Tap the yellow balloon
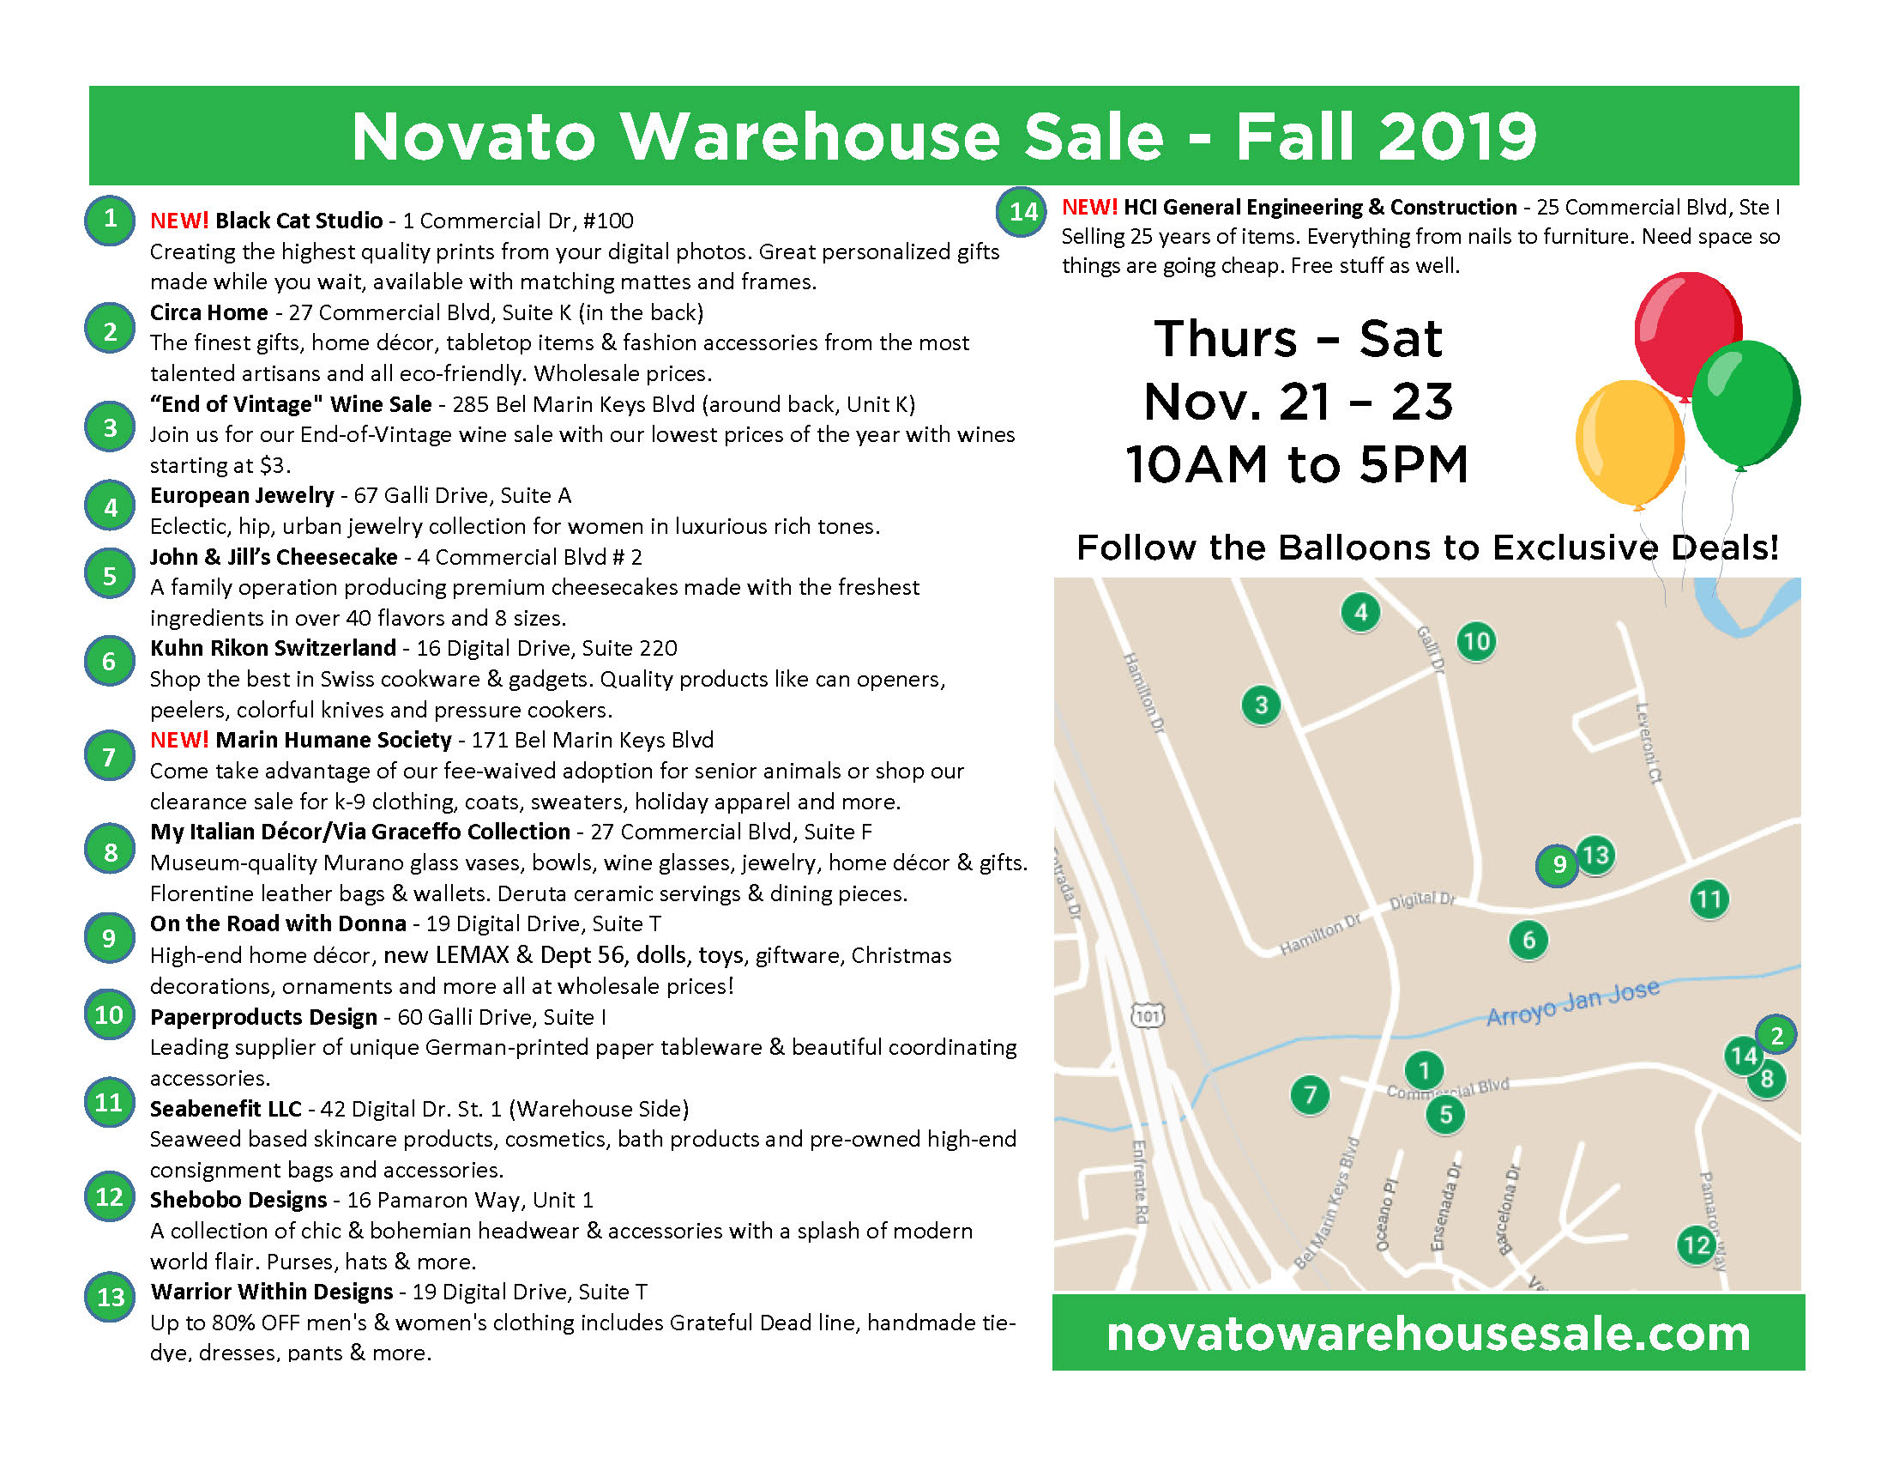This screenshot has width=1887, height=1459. pos(1630,442)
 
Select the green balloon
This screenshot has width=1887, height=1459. pos(1745,402)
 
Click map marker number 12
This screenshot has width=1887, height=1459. pos(1696,1244)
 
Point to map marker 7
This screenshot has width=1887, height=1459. pos(1310,1095)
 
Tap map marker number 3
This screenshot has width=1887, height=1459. pos(1261,705)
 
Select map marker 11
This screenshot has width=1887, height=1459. pos(1709,899)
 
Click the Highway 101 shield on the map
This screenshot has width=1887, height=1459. pos(1148,1015)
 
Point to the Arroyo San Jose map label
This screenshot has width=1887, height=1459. pos(1572,1001)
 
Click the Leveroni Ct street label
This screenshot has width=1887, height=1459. pos(1649,742)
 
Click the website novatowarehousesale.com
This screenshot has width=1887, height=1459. pos(1428,1334)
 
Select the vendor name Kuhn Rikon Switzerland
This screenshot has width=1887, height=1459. pos(273,648)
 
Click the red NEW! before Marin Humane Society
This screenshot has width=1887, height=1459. pos(179,740)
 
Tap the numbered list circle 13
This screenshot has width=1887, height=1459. pos(110,1297)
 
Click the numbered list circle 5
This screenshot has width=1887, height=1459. pos(110,575)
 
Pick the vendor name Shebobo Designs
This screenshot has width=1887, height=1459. pos(238,1200)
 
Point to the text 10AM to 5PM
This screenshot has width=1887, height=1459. pos(1297,464)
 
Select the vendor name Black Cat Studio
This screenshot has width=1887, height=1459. pos(299,221)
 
